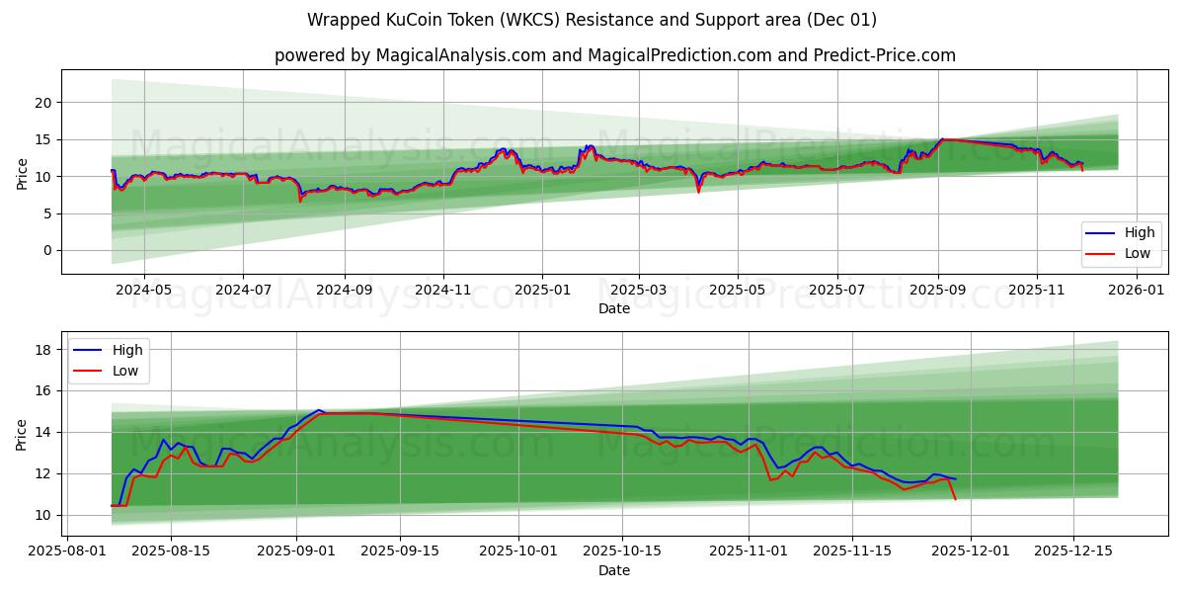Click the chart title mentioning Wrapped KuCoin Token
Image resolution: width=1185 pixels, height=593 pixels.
coord(592,20)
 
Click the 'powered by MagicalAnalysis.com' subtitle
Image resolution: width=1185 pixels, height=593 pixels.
coord(614,55)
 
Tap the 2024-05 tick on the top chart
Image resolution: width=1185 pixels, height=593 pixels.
coord(144,291)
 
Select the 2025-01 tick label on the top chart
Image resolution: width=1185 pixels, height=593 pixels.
coord(542,291)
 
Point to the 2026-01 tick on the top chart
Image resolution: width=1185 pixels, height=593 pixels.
coord(1138,291)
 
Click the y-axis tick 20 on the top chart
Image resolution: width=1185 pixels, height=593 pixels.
coord(42,103)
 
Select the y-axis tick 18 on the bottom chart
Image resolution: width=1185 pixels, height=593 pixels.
coord(42,350)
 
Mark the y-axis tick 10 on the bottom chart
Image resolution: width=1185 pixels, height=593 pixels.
coord(42,515)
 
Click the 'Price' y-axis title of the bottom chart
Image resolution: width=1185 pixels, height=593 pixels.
coord(22,434)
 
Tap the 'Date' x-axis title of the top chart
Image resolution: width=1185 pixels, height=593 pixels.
coord(614,309)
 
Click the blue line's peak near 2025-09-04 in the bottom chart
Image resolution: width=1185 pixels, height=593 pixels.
coord(318,409)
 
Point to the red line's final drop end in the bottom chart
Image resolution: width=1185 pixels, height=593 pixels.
coord(955,499)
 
